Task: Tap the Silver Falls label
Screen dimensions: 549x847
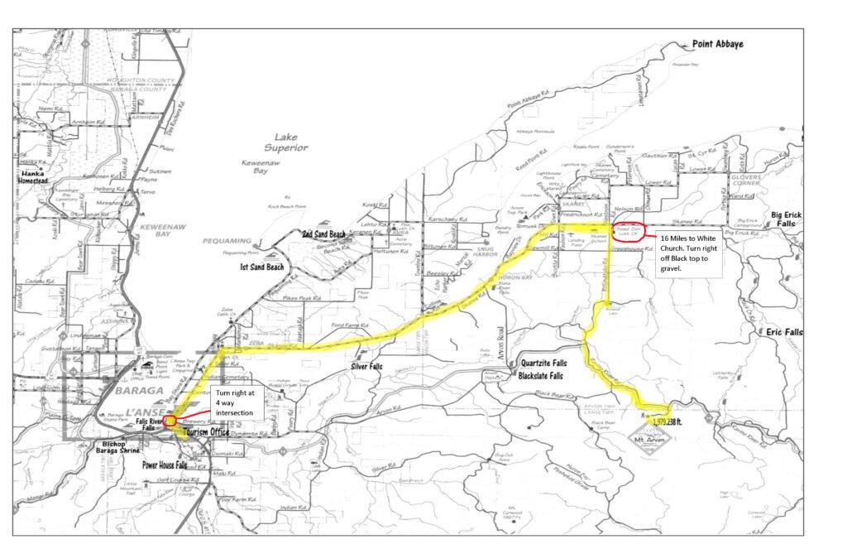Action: coord(370,365)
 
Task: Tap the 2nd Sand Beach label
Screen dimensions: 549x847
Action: coord(323,234)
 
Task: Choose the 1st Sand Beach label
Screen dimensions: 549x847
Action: coord(262,267)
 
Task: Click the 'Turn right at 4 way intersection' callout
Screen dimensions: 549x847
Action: coord(237,402)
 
